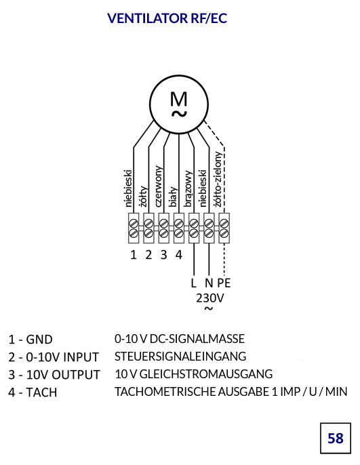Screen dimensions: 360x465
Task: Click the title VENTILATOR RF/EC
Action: [x=167, y=18]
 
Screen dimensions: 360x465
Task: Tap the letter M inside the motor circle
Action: [x=179, y=99]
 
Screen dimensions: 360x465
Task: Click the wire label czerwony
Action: [x=159, y=186]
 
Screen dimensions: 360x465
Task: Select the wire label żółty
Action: [x=144, y=196]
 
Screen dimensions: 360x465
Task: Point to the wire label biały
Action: [x=173, y=197]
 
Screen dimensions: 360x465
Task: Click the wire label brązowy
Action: [x=188, y=188]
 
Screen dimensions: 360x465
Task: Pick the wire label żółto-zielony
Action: [x=218, y=179]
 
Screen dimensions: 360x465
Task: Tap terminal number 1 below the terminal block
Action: [x=134, y=255]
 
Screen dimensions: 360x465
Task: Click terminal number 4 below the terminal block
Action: [x=178, y=255]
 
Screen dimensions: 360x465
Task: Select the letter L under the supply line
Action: [x=194, y=283]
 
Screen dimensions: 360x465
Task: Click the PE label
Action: [x=224, y=283]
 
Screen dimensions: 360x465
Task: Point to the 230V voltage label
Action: [x=210, y=298]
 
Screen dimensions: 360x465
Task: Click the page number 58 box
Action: [x=336, y=438]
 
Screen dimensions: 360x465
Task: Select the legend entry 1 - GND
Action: [x=31, y=340]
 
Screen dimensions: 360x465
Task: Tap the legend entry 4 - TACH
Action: [x=33, y=392]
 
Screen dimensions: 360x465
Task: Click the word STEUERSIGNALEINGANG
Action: [x=180, y=357]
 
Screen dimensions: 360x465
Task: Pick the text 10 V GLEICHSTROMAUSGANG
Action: [x=194, y=374]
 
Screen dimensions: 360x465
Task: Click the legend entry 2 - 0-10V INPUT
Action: [x=54, y=357]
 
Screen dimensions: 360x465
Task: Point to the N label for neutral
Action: [x=209, y=283]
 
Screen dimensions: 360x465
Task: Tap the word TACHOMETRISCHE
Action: [x=165, y=392]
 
